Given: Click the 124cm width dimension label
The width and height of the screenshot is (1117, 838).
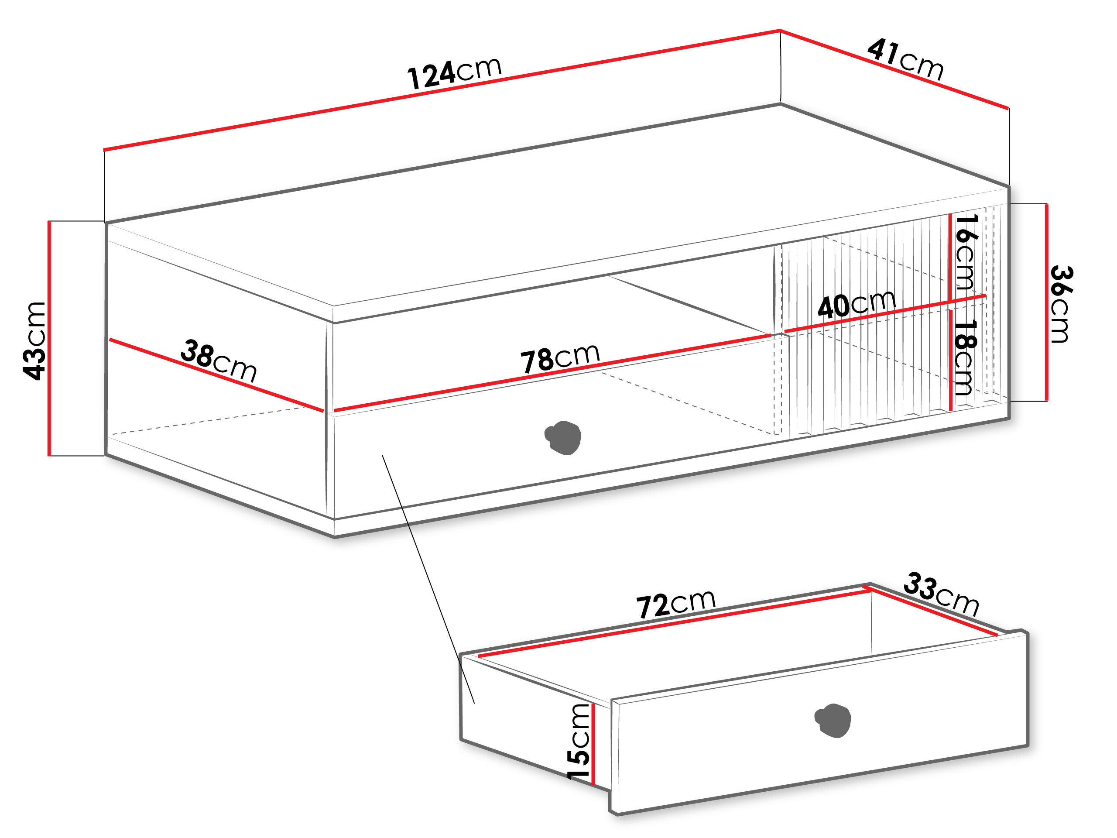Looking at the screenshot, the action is (455, 73).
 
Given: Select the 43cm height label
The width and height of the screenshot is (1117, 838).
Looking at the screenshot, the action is (34, 340).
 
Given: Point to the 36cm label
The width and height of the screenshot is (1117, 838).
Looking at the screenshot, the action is (1062, 304).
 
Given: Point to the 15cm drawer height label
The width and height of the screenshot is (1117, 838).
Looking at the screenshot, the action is (578, 742).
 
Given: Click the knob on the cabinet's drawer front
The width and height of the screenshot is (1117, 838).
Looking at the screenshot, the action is (563, 437).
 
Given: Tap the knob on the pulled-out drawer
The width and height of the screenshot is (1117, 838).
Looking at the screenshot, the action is (833, 720).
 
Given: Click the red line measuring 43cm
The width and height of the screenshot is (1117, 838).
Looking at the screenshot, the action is (49, 338).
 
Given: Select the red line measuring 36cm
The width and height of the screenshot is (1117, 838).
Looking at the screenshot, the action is (1047, 302).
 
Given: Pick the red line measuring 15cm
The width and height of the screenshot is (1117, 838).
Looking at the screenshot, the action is (593, 744).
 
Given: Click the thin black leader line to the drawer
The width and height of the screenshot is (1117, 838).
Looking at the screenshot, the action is (428, 579).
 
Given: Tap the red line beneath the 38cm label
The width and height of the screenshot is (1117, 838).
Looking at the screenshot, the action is (216, 375).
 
